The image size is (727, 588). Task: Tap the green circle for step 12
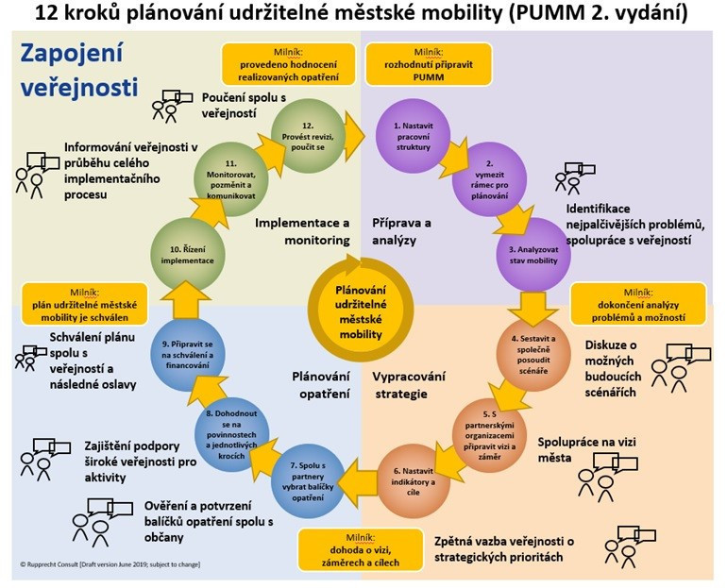[x=302, y=132]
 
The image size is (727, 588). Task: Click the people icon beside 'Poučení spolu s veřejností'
[x=170, y=105]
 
